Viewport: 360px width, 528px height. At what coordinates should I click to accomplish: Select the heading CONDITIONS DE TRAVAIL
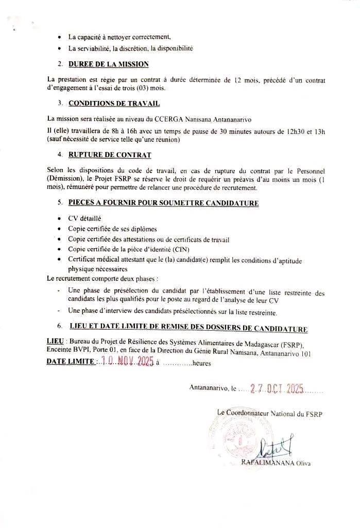pyautogui.click(x=110, y=103)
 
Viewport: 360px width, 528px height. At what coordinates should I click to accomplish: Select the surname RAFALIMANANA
pyautogui.click(x=268, y=463)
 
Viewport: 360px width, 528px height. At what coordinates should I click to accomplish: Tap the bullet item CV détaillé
pyautogui.click(x=85, y=218)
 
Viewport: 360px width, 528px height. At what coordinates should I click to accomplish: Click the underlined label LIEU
pyautogui.click(x=55, y=344)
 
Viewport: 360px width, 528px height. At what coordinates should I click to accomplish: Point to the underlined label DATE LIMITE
pyautogui.click(x=70, y=362)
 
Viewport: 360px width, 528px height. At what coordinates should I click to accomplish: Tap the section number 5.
pyautogui.click(x=60, y=203)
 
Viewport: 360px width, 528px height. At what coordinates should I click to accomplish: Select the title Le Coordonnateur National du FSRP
pyautogui.click(x=269, y=413)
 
